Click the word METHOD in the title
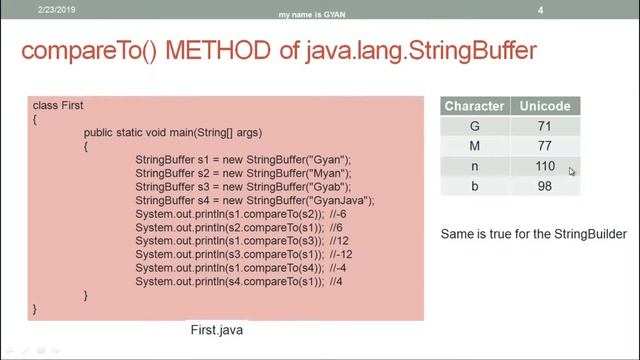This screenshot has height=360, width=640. (x=221, y=50)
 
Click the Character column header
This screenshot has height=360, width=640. (x=474, y=106)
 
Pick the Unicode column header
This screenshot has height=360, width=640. (x=545, y=106)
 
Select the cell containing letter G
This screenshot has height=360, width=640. (x=474, y=126)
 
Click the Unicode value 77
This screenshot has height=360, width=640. (x=545, y=146)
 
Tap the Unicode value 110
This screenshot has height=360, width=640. (x=545, y=166)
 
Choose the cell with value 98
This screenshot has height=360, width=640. (x=545, y=187)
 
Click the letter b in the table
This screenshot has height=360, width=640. (x=474, y=187)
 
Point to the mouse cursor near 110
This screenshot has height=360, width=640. (x=571, y=171)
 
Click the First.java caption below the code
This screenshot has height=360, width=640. (x=217, y=329)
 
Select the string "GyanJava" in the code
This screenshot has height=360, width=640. (x=343, y=200)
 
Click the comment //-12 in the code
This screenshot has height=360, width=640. (x=341, y=254)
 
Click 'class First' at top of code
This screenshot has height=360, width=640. (x=58, y=105)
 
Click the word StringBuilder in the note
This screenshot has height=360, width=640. (x=591, y=234)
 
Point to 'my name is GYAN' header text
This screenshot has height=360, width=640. (x=319, y=15)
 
